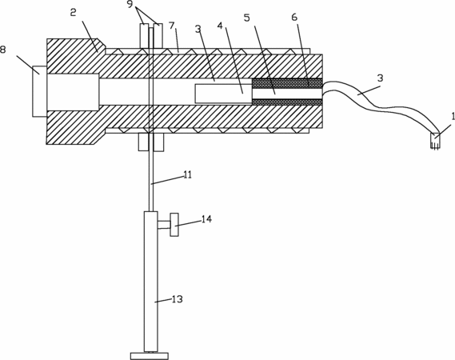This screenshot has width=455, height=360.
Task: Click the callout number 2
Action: (73, 13)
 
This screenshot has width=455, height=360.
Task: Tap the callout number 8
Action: (3, 50)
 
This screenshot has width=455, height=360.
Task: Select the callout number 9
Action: (132, 5)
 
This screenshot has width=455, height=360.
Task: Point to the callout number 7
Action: (172, 26)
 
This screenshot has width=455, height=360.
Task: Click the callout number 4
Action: (220, 26)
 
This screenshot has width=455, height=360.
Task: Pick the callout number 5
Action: (246, 18)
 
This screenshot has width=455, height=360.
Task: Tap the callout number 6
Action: (294, 18)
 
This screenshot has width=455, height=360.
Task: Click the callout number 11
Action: (188, 175)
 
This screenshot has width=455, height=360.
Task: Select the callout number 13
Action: (177, 299)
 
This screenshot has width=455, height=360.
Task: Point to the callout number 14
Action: (206, 219)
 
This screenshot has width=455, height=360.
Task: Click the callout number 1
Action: (453, 117)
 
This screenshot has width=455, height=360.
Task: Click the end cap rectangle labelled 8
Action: (39, 91)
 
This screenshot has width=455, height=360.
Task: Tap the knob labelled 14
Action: (174, 225)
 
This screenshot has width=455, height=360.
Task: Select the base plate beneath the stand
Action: (150, 356)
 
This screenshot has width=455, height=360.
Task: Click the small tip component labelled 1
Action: (435, 142)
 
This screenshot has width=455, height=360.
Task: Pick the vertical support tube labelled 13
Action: (151, 282)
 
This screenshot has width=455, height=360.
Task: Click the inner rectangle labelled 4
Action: (223, 94)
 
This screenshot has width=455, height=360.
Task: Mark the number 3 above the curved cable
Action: (380, 78)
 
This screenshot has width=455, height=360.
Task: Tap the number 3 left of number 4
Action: (198, 30)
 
